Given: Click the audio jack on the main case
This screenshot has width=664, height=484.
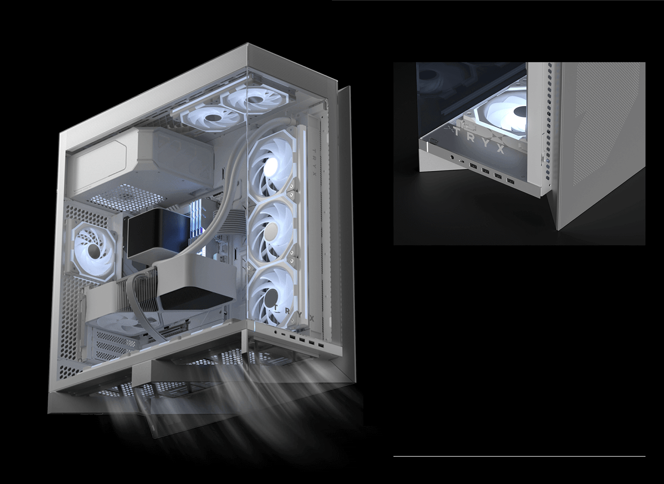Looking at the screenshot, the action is [x=276, y=333].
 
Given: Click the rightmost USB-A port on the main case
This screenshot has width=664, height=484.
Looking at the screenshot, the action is [x=321, y=345].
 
